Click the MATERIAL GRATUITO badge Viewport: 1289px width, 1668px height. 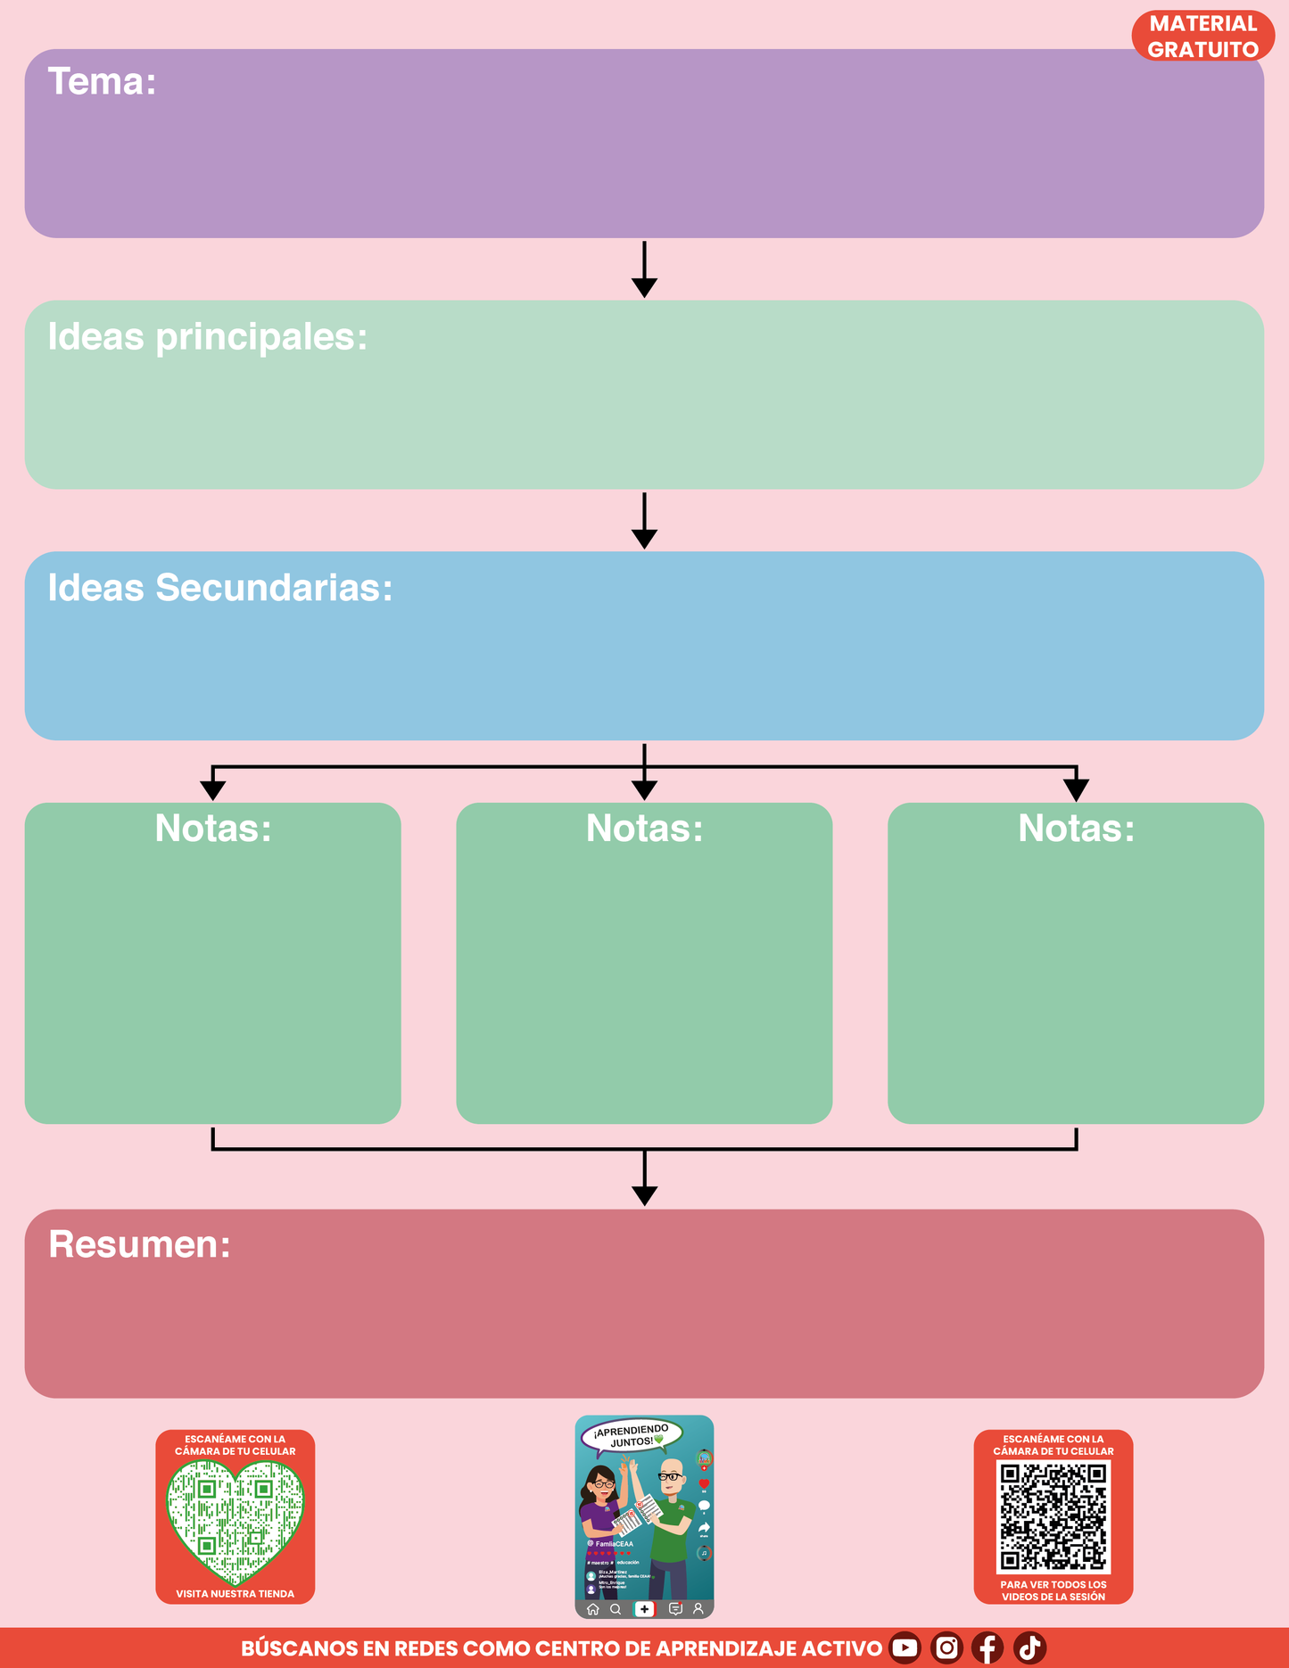pyautogui.click(x=1202, y=37)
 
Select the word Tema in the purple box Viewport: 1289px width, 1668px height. pyautogui.click(x=101, y=82)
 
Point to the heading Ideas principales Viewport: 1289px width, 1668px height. pyautogui.click(x=207, y=337)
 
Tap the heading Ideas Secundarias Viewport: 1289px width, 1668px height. pyautogui.click(x=219, y=588)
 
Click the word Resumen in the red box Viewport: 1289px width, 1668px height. pyautogui.click(x=139, y=1244)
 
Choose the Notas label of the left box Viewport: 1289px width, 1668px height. pyautogui.click(x=212, y=829)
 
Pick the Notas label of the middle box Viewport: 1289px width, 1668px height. pyautogui.click(x=644, y=829)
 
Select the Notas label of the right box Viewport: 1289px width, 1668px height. pyautogui.click(x=1076, y=829)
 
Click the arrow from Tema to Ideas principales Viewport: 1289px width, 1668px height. pyautogui.click(x=644, y=269)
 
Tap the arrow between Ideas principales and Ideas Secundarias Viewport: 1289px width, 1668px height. pyautogui.click(x=644, y=521)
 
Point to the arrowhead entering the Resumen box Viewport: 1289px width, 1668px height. pyautogui.click(x=644, y=1195)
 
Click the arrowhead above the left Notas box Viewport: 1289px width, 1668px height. pyautogui.click(x=212, y=789)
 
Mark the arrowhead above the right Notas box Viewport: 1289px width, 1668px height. pyautogui.click(x=1076, y=789)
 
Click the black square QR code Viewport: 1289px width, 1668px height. pyautogui.click(x=1053, y=1515)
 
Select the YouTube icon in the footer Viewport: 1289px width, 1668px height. pyautogui.click(x=905, y=1647)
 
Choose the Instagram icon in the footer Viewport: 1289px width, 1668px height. pyautogui.click(x=946, y=1647)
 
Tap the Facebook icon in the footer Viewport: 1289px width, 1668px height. pyautogui.click(x=987, y=1647)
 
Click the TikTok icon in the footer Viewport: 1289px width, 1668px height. pyautogui.click(x=1029, y=1647)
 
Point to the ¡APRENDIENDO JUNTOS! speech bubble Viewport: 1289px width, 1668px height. pyautogui.click(x=632, y=1435)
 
